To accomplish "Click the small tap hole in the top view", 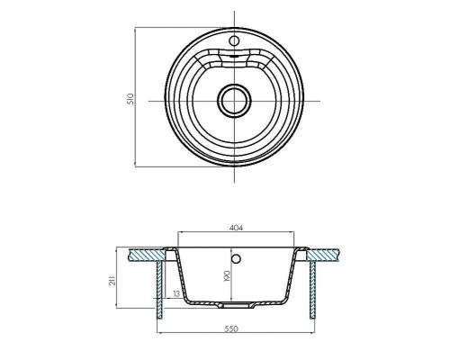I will click(x=235, y=40).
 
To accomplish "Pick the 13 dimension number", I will click(x=175, y=293).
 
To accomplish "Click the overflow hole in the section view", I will click(x=236, y=260).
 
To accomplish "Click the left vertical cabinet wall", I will click(x=159, y=288).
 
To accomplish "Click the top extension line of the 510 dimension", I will click(x=180, y=27).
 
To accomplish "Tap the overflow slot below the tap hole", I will click(x=235, y=56).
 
